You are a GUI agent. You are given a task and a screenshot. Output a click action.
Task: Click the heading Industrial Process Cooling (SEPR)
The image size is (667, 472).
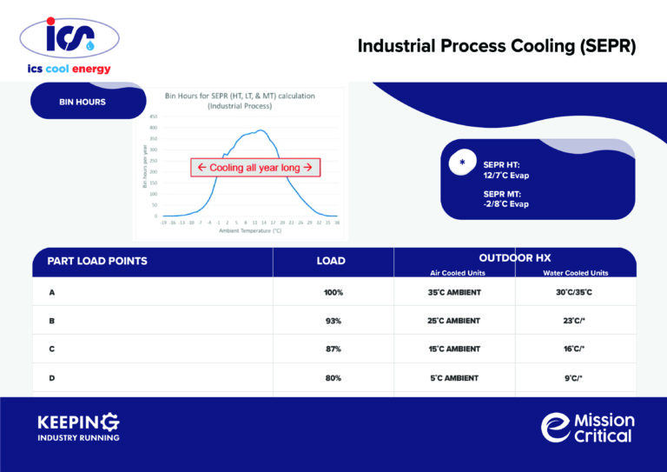tap(497, 47)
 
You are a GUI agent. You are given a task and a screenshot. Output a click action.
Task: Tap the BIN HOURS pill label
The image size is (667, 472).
tap(83, 102)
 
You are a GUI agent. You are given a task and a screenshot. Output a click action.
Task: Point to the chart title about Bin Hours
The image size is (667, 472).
tap(240, 100)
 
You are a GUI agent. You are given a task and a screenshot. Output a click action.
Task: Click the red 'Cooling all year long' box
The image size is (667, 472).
tap(256, 168)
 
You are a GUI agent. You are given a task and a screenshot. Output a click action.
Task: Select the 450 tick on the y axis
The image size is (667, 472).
tap(153, 117)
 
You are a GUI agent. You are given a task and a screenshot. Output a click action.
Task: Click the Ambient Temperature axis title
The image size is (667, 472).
tap(250, 231)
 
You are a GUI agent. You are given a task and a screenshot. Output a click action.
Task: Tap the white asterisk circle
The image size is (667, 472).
tap(462, 163)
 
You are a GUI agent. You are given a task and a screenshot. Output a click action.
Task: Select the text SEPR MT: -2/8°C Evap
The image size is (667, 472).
tap(505, 199)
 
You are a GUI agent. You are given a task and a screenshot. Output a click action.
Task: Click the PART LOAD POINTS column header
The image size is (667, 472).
tap(97, 261)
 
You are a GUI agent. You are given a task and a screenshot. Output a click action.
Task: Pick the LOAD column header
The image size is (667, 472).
tap(331, 261)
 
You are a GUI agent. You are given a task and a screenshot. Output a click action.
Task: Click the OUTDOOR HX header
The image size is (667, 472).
tap(514, 258)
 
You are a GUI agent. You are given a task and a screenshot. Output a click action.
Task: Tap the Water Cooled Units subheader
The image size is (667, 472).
tap(575, 273)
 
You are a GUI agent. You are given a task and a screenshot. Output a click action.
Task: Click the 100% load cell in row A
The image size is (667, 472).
tap(333, 292)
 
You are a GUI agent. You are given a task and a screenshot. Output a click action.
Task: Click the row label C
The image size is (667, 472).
tap(52, 349)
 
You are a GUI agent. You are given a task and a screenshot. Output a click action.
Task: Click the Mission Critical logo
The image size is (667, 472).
tap(588, 427)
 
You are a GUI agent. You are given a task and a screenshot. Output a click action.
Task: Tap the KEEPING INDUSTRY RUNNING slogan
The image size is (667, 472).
tap(78, 427)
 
